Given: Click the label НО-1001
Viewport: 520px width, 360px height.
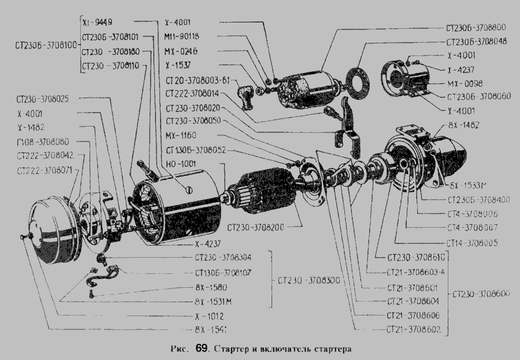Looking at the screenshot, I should point(178,164).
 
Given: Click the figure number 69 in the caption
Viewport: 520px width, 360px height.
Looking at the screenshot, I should point(201,349).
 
